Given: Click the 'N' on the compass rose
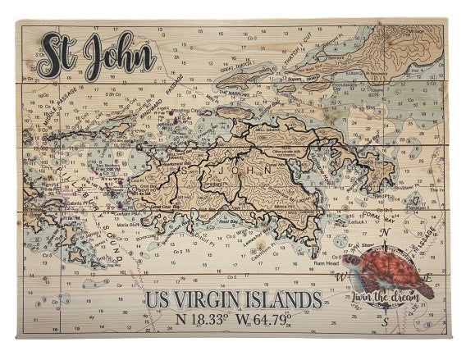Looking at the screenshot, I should click(386, 233).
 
